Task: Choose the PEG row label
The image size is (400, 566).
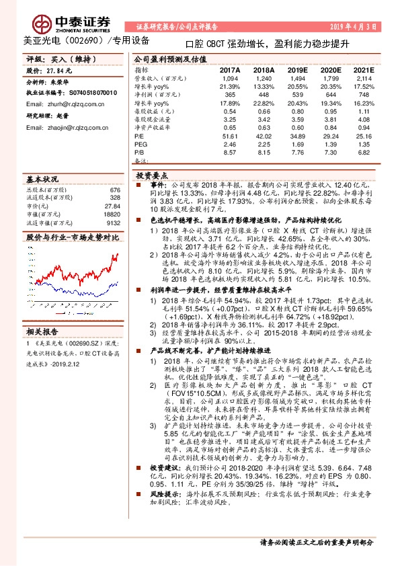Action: tap(141, 145)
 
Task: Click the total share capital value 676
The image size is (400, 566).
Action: tap(114, 190)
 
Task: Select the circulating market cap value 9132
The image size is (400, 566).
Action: tap(113, 223)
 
